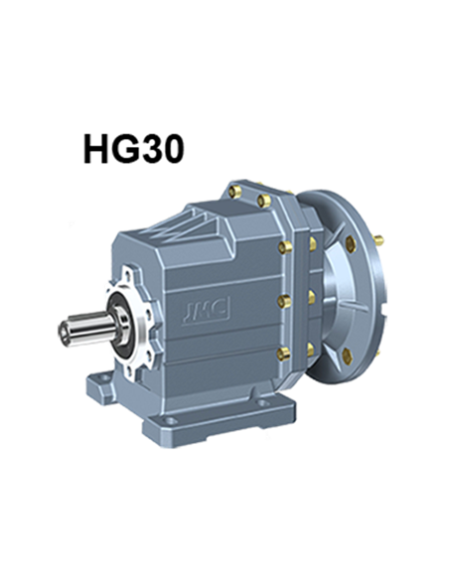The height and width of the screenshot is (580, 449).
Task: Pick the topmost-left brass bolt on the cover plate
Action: point(235,187)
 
